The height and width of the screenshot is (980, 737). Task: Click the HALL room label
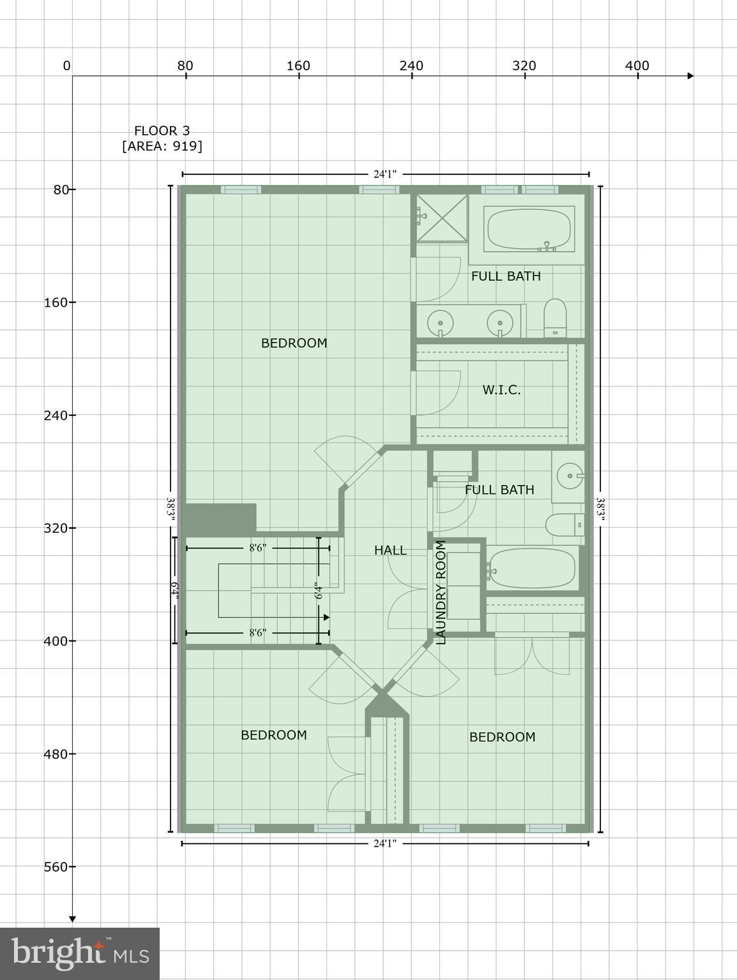coord(390,550)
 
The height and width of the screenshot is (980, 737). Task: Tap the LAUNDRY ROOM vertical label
coord(441,593)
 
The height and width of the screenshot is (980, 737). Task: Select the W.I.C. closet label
coord(501,390)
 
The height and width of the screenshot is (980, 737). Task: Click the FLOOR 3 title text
coord(162,131)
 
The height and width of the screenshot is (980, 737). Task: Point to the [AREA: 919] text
coord(162,146)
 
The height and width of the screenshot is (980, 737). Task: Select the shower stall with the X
coord(442,218)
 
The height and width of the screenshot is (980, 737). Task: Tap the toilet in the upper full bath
coord(556,318)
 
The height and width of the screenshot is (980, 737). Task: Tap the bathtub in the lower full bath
coord(532,568)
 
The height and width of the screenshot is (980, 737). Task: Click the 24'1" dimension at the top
coord(385,174)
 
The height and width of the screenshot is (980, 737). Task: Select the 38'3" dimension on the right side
coord(600,509)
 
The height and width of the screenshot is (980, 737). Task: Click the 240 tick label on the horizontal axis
coord(411,66)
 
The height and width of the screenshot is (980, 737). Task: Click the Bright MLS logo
coord(80,954)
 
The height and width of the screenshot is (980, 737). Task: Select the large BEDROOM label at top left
coord(294,343)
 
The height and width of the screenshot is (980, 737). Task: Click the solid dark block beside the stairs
coord(220,518)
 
